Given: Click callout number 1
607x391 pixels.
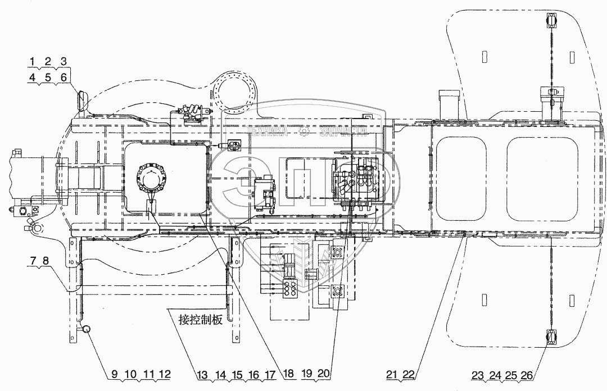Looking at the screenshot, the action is point(33,61).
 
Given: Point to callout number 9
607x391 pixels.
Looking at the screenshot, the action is point(115,374).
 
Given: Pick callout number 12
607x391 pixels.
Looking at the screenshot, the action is point(165,374).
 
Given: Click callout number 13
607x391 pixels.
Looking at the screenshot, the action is point(202,375).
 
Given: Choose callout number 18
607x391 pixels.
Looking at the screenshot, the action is point(289,374).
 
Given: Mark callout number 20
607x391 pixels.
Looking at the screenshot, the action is point(324,374).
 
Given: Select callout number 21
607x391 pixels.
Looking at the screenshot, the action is point(391,374).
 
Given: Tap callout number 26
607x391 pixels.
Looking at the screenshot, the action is point(527,375).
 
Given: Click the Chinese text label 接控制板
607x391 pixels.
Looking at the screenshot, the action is point(201,320).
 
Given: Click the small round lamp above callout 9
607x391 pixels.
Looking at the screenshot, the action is point(87,329).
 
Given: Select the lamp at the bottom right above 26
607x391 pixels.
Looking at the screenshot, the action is point(551,337).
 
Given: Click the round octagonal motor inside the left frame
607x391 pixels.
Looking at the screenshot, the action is point(151,178).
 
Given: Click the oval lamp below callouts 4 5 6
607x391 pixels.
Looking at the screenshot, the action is point(82,99).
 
